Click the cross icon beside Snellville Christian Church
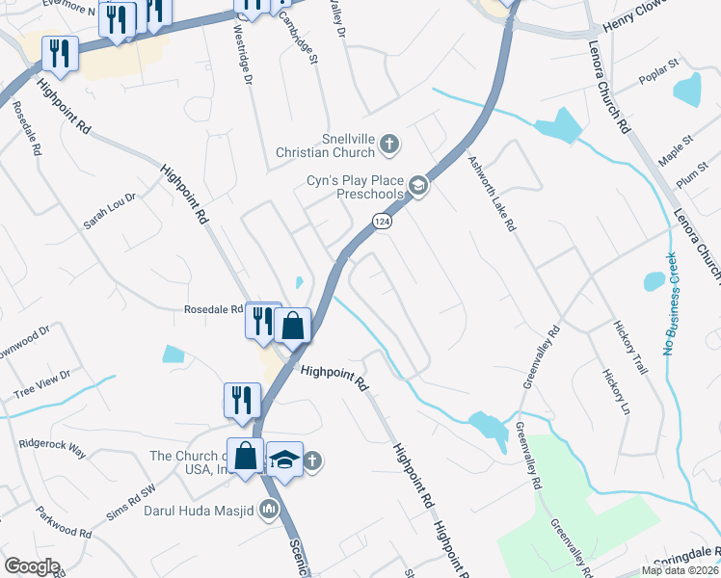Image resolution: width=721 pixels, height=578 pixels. point(388,144)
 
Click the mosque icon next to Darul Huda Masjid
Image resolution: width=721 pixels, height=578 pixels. point(271,512)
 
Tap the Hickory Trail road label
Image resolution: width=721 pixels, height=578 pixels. point(631,347)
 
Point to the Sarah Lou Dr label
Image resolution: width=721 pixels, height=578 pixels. point(110,211)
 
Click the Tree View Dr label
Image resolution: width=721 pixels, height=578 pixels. point(41,382)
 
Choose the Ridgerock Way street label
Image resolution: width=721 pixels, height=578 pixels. point(52,447)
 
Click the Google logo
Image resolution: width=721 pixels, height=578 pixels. point(33,566)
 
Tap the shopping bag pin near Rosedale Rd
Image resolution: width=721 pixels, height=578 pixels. point(293,324)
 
